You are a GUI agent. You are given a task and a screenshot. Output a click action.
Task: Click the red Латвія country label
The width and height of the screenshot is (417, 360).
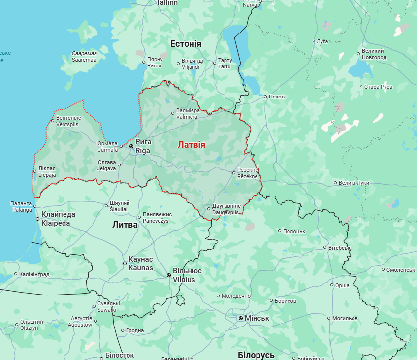[192, 145]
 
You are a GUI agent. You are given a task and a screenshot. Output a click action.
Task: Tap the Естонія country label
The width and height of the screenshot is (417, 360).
[186, 44]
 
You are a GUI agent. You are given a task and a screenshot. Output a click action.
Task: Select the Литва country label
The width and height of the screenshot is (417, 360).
[125, 225]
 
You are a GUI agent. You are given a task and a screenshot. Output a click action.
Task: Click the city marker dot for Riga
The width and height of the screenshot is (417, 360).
[131, 146]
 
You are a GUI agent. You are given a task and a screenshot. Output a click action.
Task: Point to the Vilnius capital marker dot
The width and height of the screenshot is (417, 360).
[169, 275]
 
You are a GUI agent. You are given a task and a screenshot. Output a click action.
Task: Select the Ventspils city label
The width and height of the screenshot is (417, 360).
[67, 121]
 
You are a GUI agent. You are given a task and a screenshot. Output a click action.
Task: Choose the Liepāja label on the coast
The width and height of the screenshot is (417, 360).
[47, 172]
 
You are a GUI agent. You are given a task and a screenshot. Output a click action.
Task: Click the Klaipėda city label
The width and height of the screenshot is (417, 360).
[58, 219]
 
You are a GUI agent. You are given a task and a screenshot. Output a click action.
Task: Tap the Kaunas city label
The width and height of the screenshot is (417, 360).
[140, 263]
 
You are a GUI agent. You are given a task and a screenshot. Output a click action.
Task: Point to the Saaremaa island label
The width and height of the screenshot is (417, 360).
[84, 56]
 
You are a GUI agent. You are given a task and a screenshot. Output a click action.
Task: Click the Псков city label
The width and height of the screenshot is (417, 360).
[277, 97]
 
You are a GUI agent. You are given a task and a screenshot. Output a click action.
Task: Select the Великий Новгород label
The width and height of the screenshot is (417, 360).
[373, 54]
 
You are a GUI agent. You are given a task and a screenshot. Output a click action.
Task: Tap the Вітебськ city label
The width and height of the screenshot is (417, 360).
[339, 247]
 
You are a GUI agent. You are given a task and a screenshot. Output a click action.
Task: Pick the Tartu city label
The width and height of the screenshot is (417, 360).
[225, 64]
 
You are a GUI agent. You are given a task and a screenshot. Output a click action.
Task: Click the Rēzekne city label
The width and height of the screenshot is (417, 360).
[247, 172]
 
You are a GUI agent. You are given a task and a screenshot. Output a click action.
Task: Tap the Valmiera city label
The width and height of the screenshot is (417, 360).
[187, 114]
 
